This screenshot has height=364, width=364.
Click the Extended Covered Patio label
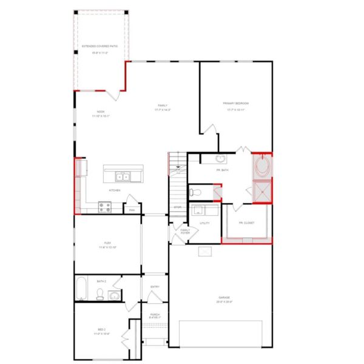(x=99, y=45)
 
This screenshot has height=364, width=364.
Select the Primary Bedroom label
(x=235, y=103)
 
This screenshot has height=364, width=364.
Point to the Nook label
(x=101, y=111)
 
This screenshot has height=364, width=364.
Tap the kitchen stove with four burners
(x=104, y=207)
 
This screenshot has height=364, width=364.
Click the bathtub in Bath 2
(x=81, y=290)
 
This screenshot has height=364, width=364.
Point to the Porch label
(x=155, y=314)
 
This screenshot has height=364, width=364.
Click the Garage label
(x=224, y=297)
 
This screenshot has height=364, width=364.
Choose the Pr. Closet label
(x=246, y=222)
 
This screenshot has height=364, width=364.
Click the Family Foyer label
(x=185, y=231)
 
